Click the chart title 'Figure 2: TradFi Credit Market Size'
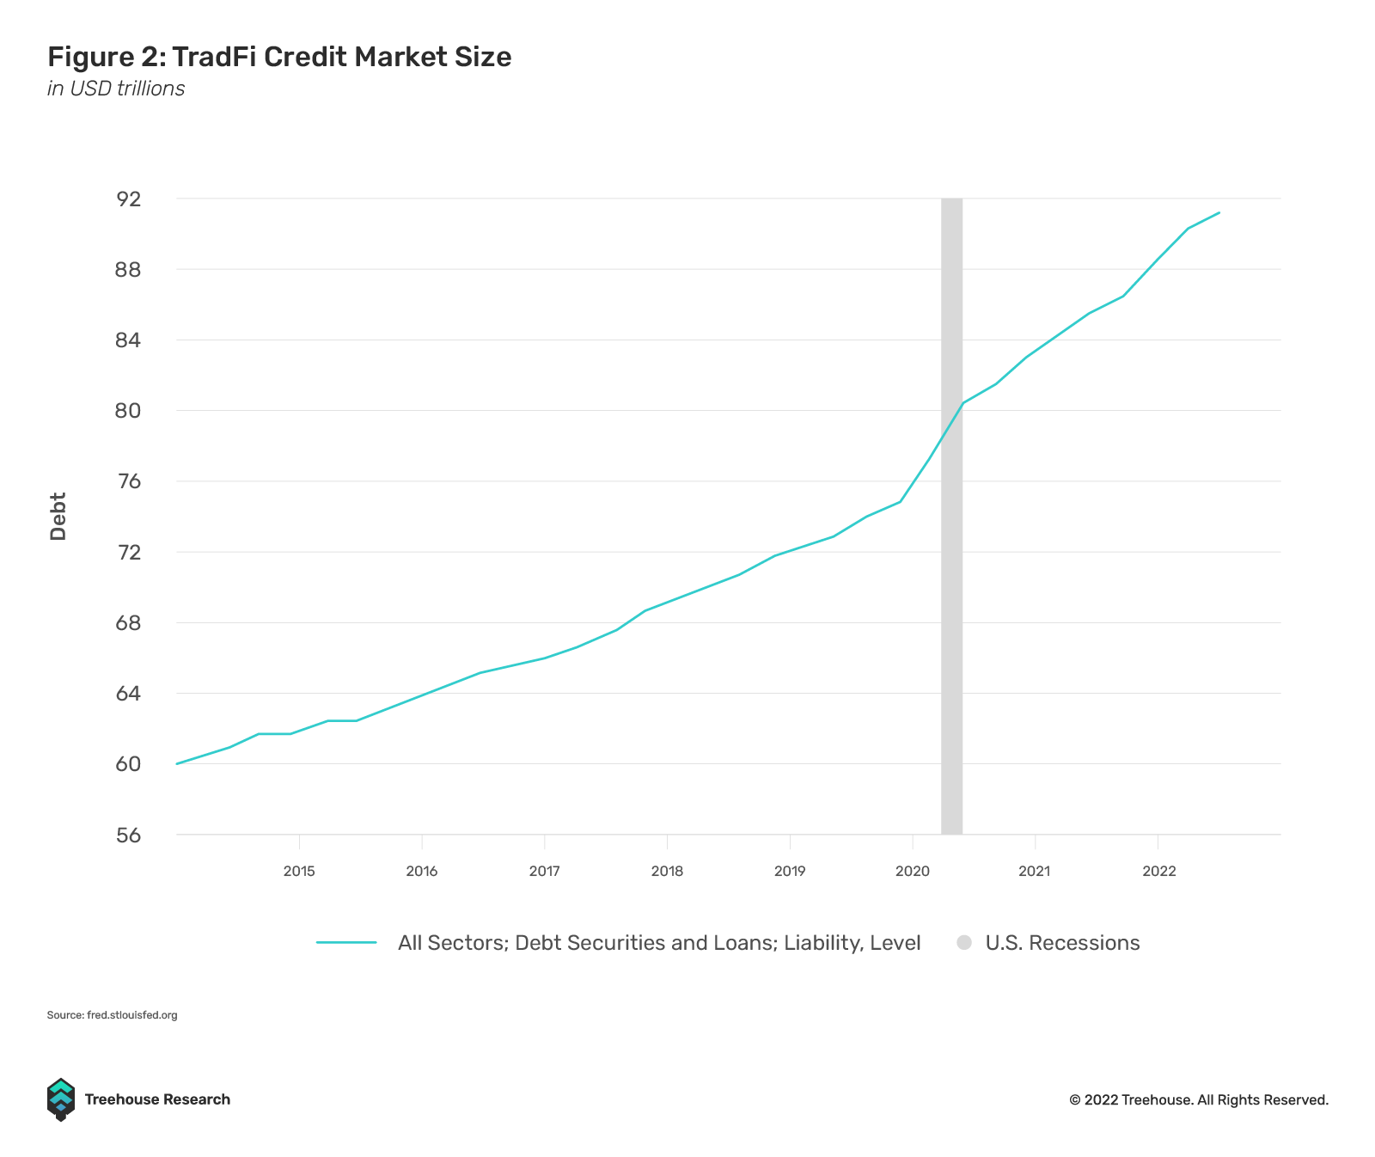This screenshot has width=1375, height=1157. coord(279,57)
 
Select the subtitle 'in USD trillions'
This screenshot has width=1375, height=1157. coord(116,89)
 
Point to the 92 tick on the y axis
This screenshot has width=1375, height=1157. coord(129,199)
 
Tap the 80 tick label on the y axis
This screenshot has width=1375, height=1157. coord(129,410)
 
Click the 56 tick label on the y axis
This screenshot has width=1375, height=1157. coord(129,835)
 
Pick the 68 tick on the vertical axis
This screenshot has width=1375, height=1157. coord(129,622)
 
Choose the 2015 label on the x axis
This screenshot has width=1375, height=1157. coord(299,871)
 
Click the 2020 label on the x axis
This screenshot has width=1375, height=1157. coord(912,871)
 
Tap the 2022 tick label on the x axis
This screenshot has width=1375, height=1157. coord(1158,871)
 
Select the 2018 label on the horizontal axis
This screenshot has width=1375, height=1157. coord(667,871)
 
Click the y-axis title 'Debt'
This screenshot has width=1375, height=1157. coord(58,516)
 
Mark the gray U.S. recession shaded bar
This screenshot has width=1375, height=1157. coord(951,602)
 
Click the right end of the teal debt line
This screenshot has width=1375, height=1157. coord(1219,212)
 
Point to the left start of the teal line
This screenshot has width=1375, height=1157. coord(177,763)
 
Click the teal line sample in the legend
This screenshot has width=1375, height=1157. coord(346,942)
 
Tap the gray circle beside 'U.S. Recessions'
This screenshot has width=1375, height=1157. coord(964,942)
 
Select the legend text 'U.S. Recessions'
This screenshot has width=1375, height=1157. coord(1062,943)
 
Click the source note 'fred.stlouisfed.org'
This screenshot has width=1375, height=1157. coord(131,1015)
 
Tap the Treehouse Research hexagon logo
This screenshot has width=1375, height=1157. coord(60,1099)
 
